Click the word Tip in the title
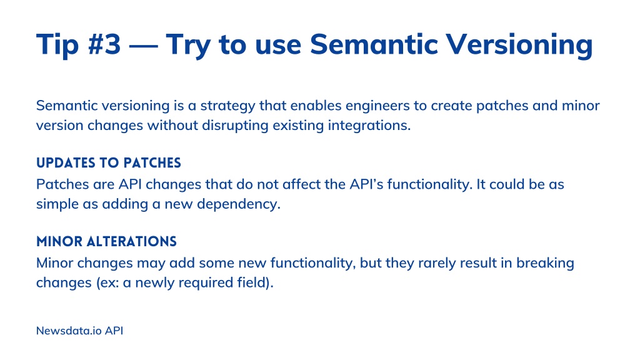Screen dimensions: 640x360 click(x=57, y=45)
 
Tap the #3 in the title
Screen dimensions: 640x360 click(x=104, y=44)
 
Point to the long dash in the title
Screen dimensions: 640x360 click(x=143, y=46)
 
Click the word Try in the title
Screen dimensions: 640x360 click(x=187, y=46)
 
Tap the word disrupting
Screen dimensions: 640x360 click(x=235, y=126)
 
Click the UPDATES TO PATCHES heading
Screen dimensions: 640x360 click(x=109, y=163)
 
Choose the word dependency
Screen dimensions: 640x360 click(x=239, y=204)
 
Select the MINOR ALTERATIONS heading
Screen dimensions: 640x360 click(x=106, y=242)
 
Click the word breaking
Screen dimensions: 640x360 click(x=545, y=263)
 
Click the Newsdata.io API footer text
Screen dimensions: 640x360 click(x=79, y=331)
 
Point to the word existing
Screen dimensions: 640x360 click(x=298, y=126)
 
